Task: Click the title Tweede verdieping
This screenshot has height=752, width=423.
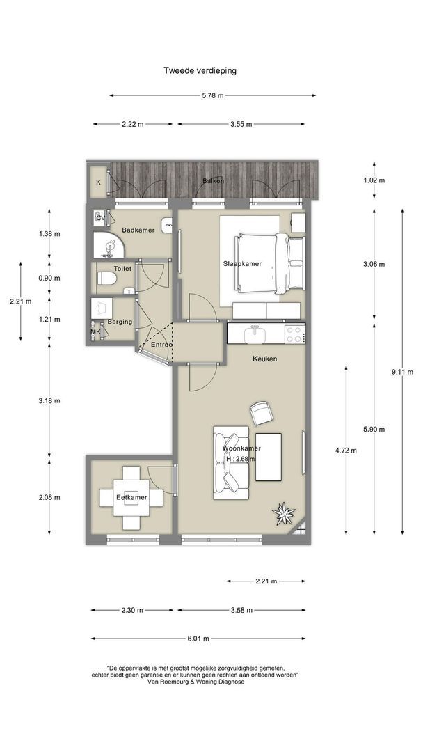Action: tap(200, 70)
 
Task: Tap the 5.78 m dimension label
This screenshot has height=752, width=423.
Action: tap(213, 95)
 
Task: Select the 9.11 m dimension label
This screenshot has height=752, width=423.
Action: tap(402, 372)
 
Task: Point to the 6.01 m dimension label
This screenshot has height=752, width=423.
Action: tap(198, 639)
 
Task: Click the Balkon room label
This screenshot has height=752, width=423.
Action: tap(213, 181)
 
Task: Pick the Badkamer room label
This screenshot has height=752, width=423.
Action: tap(138, 230)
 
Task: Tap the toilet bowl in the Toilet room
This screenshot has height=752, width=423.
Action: tap(106, 279)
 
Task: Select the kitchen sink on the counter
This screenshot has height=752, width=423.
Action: tap(255, 334)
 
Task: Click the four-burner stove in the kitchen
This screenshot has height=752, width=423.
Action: tap(294, 334)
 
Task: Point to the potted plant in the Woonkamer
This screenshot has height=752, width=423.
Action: tap(284, 514)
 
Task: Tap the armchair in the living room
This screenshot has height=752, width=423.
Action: tap(262, 413)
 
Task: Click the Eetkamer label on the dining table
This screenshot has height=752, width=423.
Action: tap(131, 497)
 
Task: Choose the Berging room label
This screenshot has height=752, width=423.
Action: tap(120, 322)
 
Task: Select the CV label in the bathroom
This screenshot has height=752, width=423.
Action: tap(100, 218)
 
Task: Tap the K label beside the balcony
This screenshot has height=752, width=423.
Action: tap(98, 182)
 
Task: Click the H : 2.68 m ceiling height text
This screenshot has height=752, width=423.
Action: tap(240, 458)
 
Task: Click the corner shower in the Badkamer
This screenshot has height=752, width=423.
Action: tap(109, 246)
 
